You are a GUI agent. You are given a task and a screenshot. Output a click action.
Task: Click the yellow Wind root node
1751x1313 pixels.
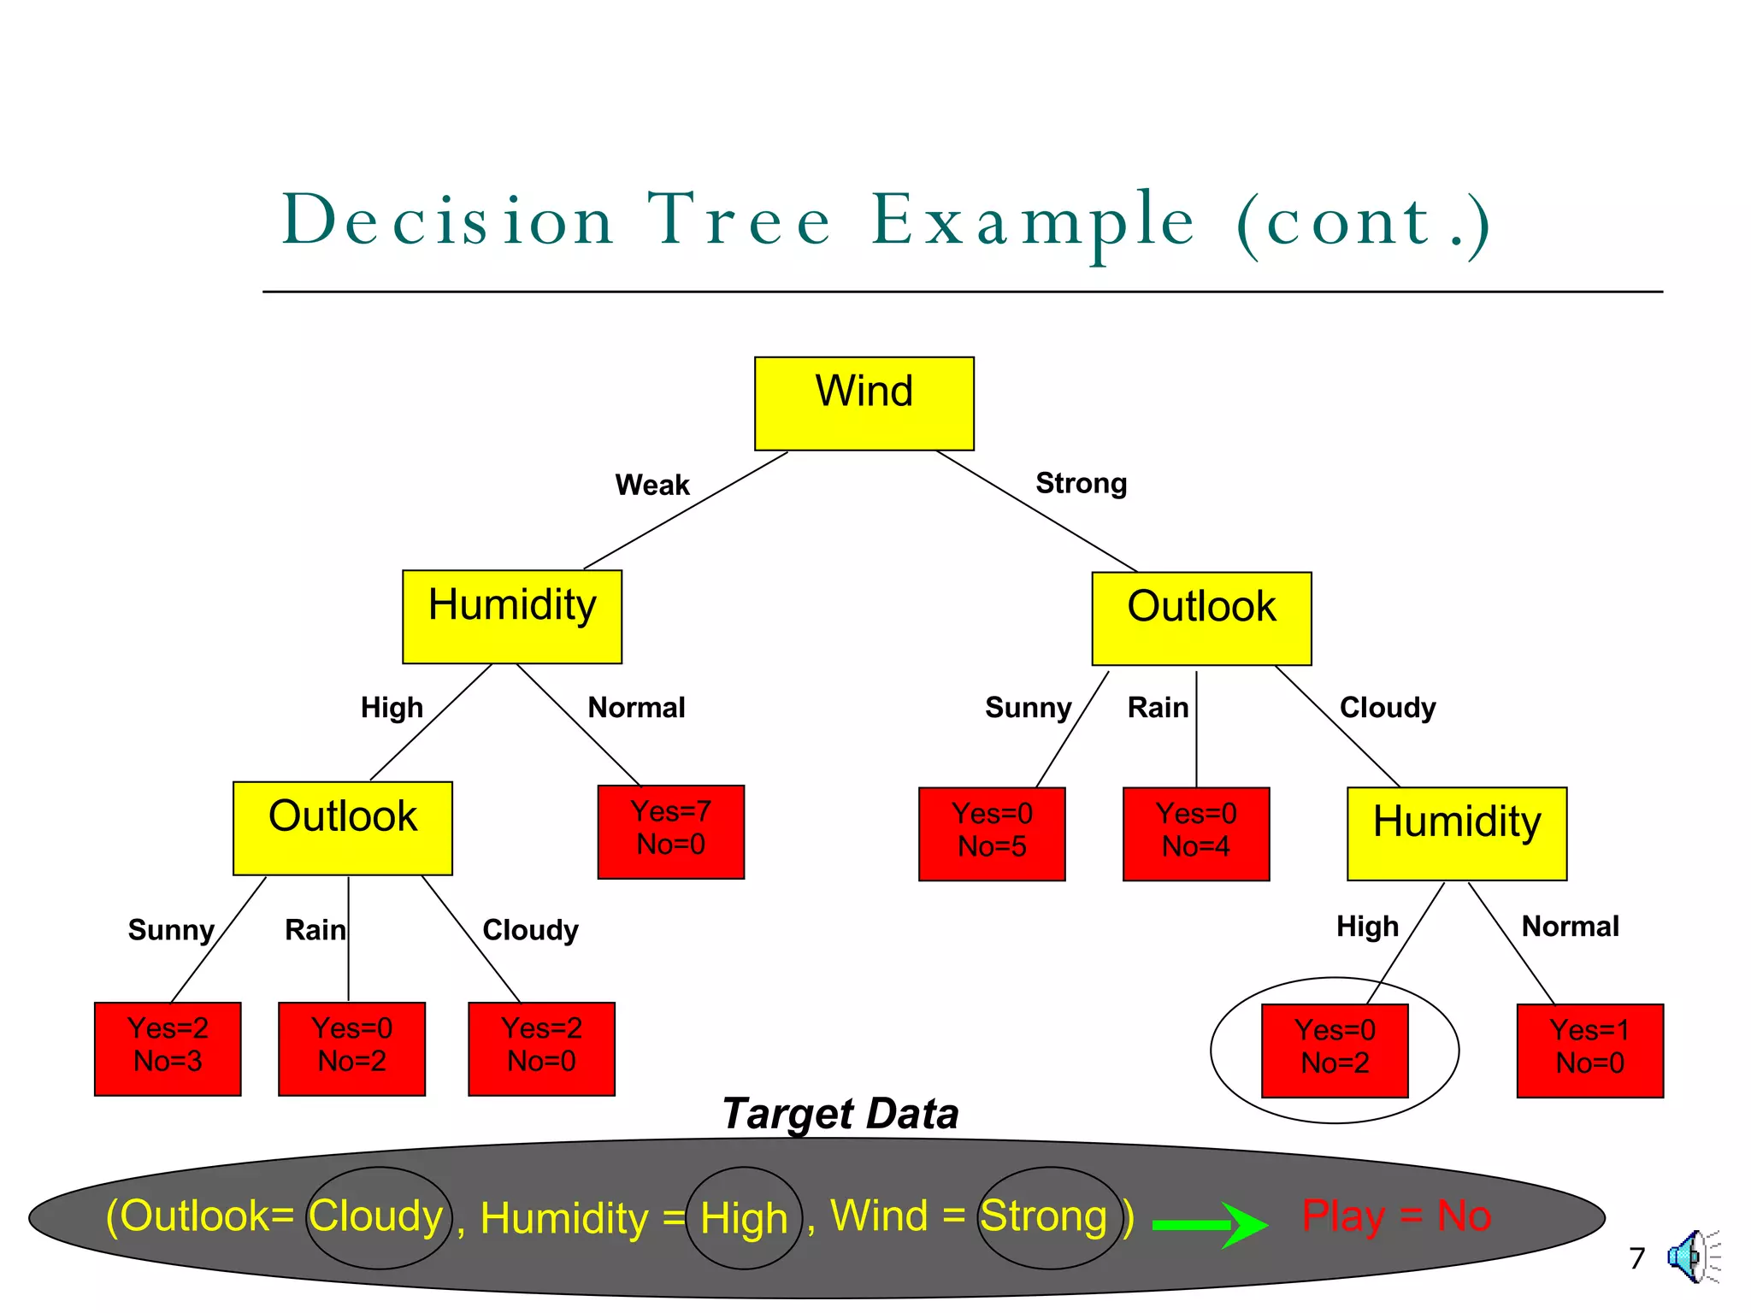[864, 403]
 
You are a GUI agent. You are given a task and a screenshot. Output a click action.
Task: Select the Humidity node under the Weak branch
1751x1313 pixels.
[512, 616]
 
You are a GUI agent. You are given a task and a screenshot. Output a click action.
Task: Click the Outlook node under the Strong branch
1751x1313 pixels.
[1201, 618]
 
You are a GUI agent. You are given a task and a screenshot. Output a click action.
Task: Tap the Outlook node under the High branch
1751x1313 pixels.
[342, 827]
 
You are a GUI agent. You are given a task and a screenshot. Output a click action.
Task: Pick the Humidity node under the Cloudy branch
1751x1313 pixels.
[1457, 833]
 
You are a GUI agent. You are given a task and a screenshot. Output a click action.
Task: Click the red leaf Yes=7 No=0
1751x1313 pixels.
[670, 831]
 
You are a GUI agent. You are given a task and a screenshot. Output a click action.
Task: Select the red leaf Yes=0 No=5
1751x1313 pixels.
[992, 833]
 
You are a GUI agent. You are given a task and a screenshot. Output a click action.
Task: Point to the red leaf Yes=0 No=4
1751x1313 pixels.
[1195, 833]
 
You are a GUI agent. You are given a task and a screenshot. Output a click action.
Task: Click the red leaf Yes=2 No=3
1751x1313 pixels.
[168, 1048]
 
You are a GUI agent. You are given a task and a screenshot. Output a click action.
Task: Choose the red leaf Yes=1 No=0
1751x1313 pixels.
[1589, 1050]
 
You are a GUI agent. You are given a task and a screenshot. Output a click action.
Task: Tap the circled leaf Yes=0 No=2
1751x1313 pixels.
[1335, 1050]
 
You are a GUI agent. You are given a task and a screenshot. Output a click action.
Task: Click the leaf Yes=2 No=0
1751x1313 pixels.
[541, 1048]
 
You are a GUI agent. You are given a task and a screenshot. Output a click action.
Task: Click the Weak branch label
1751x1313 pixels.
[651, 485]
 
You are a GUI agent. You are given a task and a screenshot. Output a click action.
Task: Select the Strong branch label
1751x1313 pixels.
[1081, 483]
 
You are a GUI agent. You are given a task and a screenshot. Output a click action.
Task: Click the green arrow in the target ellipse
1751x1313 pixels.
[1209, 1224]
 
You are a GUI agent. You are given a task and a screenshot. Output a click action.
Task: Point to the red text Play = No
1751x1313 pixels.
[1395, 1216]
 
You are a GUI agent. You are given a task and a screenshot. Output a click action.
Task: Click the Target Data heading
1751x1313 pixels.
[840, 1114]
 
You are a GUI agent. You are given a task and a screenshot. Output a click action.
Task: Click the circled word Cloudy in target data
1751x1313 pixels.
[376, 1216]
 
